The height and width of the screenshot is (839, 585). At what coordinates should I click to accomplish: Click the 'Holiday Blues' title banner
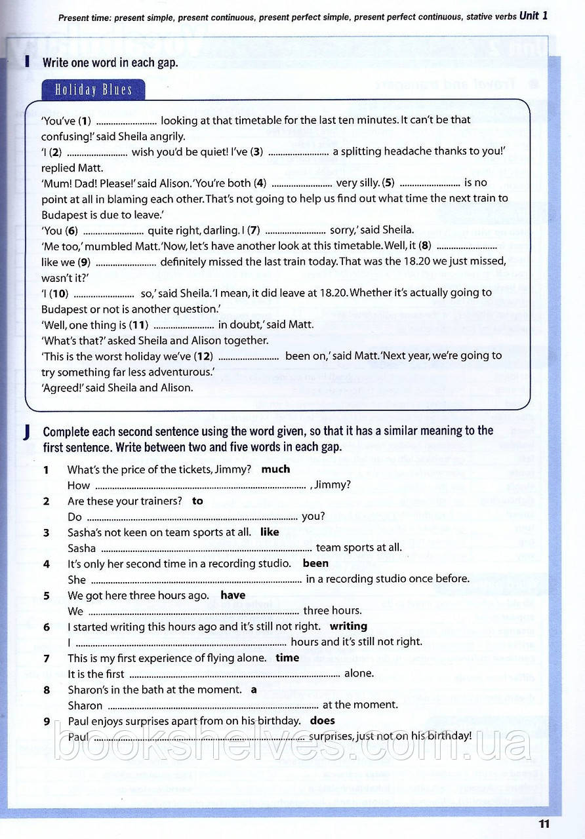tap(93, 90)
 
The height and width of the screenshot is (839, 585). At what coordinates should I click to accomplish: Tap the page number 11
tap(544, 824)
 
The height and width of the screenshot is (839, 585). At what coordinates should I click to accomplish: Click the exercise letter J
tap(26, 432)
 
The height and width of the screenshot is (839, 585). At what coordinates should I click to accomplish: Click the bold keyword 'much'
tap(275, 469)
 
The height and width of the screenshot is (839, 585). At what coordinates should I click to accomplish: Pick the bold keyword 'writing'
tap(348, 627)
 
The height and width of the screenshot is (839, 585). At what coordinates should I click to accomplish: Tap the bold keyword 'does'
tap(322, 721)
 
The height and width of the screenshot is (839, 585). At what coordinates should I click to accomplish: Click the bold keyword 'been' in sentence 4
tap(315, 564)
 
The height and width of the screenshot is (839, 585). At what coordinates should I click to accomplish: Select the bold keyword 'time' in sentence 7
tap(287, 658)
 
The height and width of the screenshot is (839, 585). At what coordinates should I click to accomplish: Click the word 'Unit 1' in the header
tap(533, 16)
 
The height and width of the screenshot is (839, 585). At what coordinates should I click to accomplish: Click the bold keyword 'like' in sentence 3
tap(270, 532)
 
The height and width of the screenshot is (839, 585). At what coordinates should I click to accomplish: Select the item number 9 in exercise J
tap(47, 721)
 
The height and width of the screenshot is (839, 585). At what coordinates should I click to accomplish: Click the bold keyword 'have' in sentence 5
tap(233, 595)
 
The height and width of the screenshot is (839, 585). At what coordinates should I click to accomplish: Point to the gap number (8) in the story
tap(425, 246)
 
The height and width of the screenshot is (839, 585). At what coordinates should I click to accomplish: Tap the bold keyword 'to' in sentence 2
tap(197, 501)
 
